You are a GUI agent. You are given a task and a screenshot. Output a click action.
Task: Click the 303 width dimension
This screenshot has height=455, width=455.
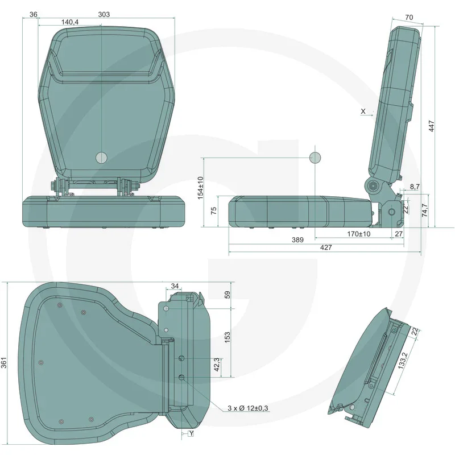click(x=104, y=14)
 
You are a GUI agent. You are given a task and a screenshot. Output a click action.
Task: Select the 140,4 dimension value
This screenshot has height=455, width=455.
click(x=70, y=22)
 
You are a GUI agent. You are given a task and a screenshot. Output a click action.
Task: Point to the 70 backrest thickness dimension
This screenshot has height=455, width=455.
click(x=408, y=17)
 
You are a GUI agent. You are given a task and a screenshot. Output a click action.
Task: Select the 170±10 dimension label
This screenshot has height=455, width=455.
click(x=358, y=234)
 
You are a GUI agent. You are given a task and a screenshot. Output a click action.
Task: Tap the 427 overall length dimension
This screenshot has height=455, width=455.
click(x=325, y=247)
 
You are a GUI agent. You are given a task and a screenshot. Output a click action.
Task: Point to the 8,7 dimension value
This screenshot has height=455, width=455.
click(x=415, y=187)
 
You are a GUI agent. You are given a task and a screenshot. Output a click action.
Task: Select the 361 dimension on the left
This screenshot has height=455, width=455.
click(x=5, y=362)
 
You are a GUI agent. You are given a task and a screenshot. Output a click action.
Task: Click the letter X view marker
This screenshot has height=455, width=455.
click(x=363, y=111)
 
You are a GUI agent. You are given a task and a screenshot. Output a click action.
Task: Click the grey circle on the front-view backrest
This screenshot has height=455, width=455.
click(x=101, y=158)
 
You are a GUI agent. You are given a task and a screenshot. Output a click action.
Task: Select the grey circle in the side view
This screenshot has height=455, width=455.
click(x=315, y=157)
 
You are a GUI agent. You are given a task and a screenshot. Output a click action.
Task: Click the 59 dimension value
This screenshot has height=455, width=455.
click(x=227, y=295)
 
